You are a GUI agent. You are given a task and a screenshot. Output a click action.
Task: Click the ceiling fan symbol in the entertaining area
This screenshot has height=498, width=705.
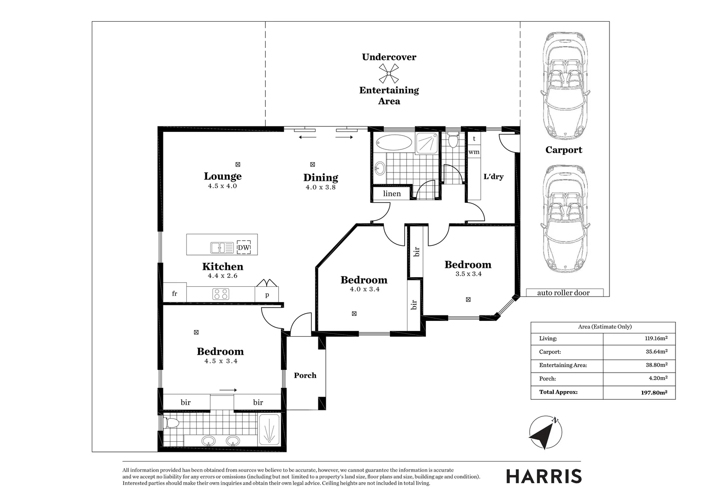(x=389, y=73)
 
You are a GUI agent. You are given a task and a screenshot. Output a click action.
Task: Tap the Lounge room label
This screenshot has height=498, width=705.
(x=222, y=176)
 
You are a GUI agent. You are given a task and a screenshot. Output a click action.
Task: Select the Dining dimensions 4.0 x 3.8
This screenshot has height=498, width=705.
(x=321, y=187)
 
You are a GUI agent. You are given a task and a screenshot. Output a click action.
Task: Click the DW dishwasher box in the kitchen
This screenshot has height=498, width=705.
(x=244, y=248)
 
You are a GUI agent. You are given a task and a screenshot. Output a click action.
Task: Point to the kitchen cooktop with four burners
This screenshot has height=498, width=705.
(x=221, y=294)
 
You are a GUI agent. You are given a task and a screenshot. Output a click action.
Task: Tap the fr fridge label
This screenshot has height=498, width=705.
(x=175, y=294)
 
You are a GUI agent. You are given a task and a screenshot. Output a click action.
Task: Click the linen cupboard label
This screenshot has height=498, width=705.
(x=392, y=194)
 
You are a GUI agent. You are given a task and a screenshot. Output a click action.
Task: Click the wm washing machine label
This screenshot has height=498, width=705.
(x=474, y=152)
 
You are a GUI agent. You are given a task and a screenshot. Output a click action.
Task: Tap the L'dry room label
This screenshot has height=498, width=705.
(x=493, y=177)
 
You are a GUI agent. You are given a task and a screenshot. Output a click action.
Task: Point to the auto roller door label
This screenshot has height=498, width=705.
(x=563, y=293)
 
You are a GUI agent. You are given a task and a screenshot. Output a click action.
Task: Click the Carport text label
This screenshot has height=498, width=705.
(x=563, y=150)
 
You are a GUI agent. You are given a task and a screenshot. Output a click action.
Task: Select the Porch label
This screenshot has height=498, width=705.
(x=305, y=375)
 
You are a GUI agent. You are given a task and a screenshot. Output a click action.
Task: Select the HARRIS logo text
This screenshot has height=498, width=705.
(x=544, y=476)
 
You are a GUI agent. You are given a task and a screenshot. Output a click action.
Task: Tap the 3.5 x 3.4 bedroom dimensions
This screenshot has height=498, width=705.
(x=468, y=274)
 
